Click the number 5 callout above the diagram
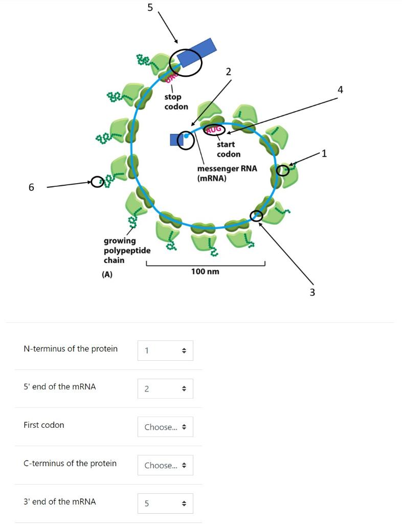pos(150,7)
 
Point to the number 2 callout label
pos(228,72)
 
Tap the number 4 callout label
pos(341,90)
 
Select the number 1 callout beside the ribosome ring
pos(324,153)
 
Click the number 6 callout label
pos(31,187)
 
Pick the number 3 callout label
pos(312,292)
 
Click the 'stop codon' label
pos(176,102)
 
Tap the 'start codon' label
pos(228,149)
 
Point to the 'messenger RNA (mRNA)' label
pos(227,173)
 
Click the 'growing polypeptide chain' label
pos(127,250)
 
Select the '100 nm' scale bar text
pos(205,271)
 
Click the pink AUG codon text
pos(214,130)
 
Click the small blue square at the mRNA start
pos(176,139)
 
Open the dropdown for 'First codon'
pos(165,427)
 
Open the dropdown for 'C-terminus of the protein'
pos(165,465)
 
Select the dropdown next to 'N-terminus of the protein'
pos(165,351)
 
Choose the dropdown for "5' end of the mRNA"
pos(165,389)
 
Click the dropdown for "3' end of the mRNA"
pos(165,504)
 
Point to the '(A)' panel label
pos(107,274)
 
